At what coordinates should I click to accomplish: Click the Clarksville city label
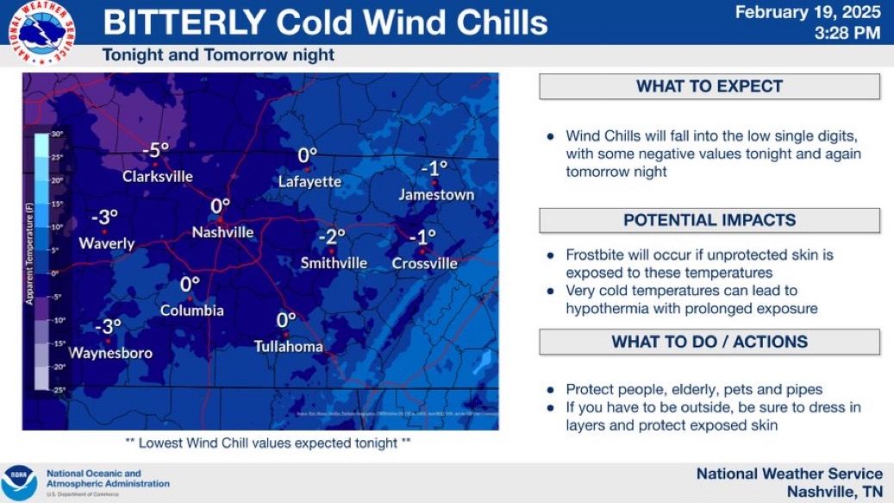pyautogui.click(x=157, y=177)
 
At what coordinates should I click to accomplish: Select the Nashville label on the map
pyautogui.click(x=222, y=232)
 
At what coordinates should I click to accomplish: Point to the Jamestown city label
pyautogui.click(x=436, y=195)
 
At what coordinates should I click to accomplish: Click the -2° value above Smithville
pyautogui.click(x=331, y=236)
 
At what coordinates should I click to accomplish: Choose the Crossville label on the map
pyautogui.click(x=424, y=263)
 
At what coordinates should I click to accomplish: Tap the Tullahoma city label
pyautogui.click(x=288, y=347)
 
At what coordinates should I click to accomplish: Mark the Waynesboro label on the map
pyautogui.click(x=110, y=353)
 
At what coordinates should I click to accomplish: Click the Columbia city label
pyautogui.click(x=191, y=311)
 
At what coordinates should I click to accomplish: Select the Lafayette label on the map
pyautogui.click(x=309, y=182)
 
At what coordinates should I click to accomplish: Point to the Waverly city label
pyautogui.click(x=107, y=243)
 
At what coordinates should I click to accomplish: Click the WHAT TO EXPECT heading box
pyautogui.click(x=709, y=86)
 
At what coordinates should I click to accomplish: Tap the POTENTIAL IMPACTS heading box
pyautogui.click(x=709, y=220)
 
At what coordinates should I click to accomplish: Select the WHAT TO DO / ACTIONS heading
pyautogui.click(x=709, y=342)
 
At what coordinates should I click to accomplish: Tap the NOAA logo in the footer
pyautogui.click(x=19, y=482)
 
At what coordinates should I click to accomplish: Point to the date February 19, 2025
pyautogui.click(x=808, y=13)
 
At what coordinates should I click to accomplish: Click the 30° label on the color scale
pyautogui.click(x=58, y=135)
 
